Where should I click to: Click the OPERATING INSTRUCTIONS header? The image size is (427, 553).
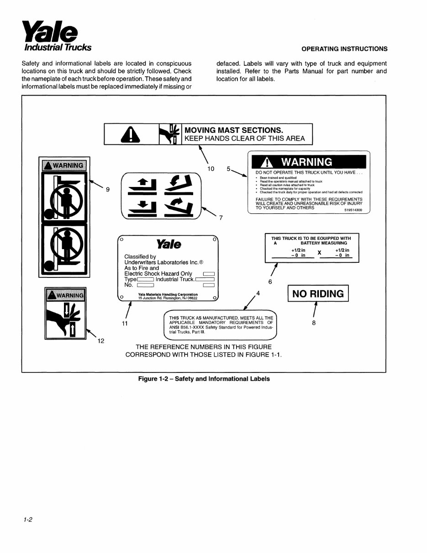[x=344, y=49]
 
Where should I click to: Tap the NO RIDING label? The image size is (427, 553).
[x=318, y=294]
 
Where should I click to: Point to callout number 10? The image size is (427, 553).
[x=211, y=169]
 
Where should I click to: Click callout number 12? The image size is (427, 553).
[x=101, y=340]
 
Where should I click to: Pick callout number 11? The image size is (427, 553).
[x=124, y=324]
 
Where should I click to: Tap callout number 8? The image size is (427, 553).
[x=313, y=323]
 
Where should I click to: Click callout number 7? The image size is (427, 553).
[x=221, y=218]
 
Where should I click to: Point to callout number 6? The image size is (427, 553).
[x=270, y=282]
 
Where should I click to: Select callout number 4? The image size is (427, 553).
[x=258, y=292]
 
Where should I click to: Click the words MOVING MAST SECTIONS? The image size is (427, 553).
[x=234, y=130]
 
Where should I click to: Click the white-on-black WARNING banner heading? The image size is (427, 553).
[x=307, y=162]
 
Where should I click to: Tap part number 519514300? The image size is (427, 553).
[x=353, y=211]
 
